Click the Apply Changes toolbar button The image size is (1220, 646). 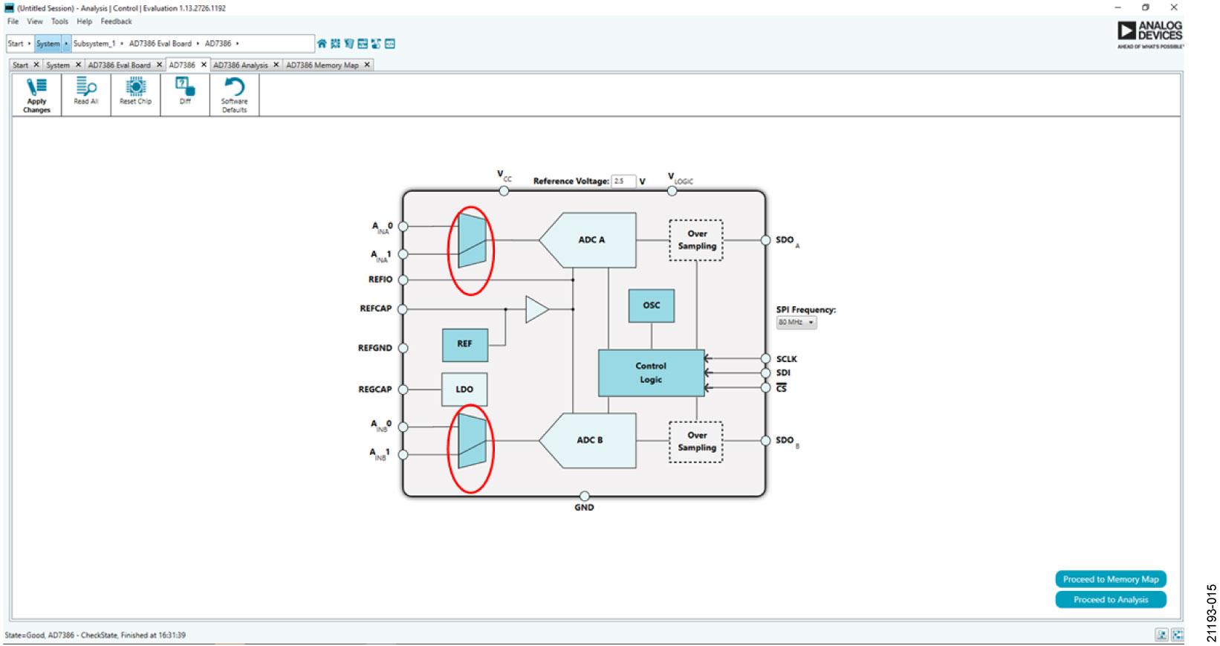click(36, 95)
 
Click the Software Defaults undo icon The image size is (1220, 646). click(234, 87)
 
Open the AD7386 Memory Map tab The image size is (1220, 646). click(322, 65)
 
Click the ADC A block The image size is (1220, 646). click(591, 240)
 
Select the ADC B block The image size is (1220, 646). click(590, 440)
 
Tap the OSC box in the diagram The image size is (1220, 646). click(651, 306)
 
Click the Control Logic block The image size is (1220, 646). click(651, 372)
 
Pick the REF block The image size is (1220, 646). click(464, 344)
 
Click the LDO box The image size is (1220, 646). click(464, 390)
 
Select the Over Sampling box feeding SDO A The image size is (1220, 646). click(696, 240)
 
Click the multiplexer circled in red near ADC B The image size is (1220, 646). click(472, 441)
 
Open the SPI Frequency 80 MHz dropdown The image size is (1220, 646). click(796, 323)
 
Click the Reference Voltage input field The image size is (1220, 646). click(623, 181)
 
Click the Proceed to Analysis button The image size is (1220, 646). click(1110, 600)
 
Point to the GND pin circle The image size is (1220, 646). click(585, 496)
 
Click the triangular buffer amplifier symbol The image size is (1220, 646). click(536, 309)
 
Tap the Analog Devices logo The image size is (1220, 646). click(1149, 34)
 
